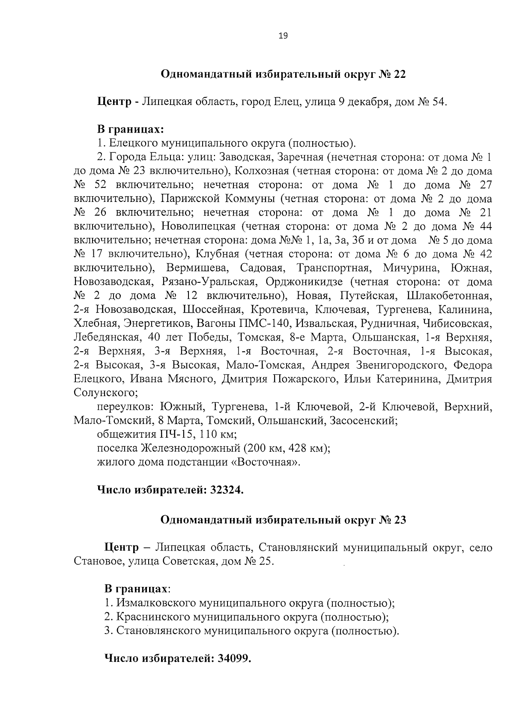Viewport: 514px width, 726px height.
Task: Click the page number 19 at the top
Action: [283, 36]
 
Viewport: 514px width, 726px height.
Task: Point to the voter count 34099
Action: [233, 658]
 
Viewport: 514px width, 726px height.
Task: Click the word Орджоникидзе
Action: [304, 282]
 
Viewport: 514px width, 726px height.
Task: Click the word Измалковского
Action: [155, 603]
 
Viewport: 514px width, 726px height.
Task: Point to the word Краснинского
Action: [153, 617]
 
